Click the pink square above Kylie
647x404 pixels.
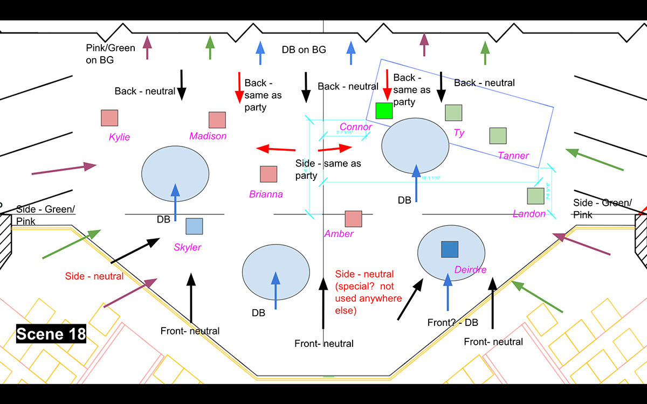click(x=109, y=118)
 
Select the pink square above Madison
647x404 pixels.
click(x=217, y=120)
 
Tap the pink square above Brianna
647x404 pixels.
click(x=269, y=174)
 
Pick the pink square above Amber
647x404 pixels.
click(x=353, y=219)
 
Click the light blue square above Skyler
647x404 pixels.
click(x=194, y=226)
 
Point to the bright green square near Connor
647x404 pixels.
click(x=384, y=110)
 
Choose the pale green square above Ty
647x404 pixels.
click(x=453, y=113)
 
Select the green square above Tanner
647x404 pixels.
click(x=498, y=136)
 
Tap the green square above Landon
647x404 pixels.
click(x=535, y=196)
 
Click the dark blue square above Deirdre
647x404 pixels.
click(x=449, y=249)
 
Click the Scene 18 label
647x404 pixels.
click(x=51, y=334)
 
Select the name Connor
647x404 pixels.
click(x=356, y=127)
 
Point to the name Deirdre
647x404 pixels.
click(x=471, y=270)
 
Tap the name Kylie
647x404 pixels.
click(x=119, y=137)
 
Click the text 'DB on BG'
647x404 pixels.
click(x=304, y=50)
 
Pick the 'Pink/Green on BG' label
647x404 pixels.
click(x=110, y=54)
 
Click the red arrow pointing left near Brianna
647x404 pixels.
click(x=276, y=148)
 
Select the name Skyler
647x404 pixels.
click(x=188, y=247)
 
